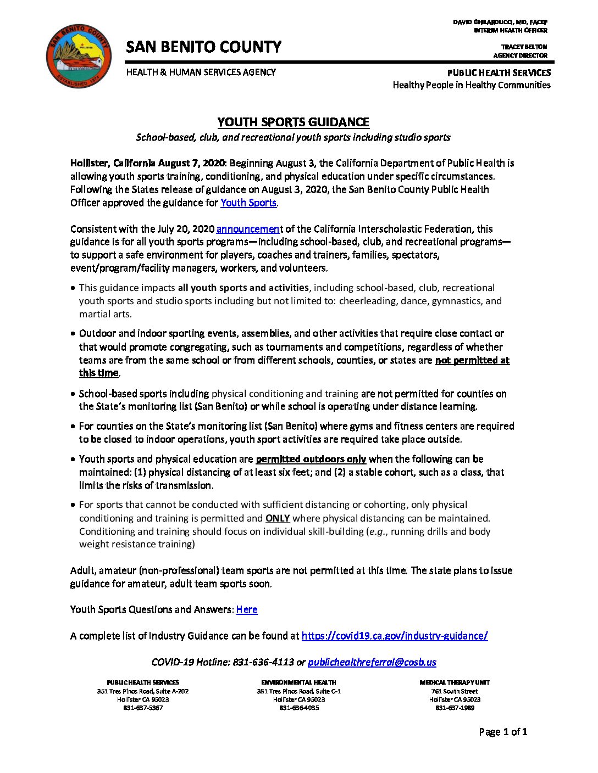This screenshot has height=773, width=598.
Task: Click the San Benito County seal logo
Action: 79,55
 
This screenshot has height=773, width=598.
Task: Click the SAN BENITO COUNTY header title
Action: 203,47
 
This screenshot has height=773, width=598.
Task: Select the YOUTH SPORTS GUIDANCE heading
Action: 293,122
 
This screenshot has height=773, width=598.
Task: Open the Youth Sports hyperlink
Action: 248,203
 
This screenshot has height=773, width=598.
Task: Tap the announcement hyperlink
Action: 248,229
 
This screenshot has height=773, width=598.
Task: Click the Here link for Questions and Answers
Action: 247,609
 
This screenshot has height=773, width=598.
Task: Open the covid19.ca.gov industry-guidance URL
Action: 394,636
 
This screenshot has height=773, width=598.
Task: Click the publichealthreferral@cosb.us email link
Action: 372,662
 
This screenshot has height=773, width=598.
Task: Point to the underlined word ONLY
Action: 278,518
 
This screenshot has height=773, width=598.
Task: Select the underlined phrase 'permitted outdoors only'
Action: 311,459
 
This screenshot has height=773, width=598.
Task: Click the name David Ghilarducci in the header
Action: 500,22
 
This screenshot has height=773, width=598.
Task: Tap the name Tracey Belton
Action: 524,47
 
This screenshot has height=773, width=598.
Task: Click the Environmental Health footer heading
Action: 298,682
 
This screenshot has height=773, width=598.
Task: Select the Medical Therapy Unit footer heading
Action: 455,682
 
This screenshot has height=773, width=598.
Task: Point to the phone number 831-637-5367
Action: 143,708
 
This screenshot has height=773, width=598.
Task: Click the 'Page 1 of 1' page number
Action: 503,731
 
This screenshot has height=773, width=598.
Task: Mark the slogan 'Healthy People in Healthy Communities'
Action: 471,85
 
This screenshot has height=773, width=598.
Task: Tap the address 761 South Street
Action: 455,691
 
